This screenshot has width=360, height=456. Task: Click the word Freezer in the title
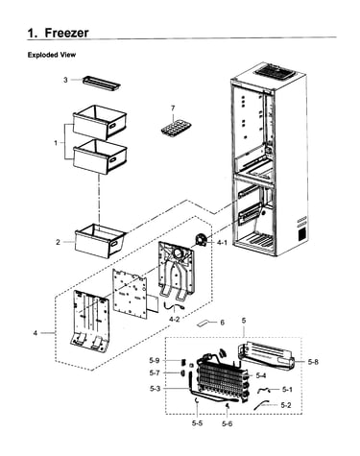click(x=66, y=33)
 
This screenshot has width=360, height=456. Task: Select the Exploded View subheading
click(x=52, y=55)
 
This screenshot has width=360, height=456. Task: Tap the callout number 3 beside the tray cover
click(x=65, y=80)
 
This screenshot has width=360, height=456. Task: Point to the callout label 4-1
click(x=222, y=243)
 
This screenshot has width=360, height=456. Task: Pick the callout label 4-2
click(x=175, y=319)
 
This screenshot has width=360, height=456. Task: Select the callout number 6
click(x=222, y=323)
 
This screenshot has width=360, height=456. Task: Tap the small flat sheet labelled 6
click(x=204, y=324)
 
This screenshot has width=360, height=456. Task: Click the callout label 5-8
click(x=313, y=362)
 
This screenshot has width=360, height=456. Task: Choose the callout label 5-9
click(x=154, y=360)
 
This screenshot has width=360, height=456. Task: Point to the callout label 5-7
click(x=154, y=372)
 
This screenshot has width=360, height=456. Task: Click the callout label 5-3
click(x=155, y=389)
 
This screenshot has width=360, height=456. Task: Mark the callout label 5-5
click(x=197, y=423)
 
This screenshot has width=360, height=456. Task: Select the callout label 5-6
click(x=227, y=423)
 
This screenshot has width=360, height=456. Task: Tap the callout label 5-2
click(x=286, y=405)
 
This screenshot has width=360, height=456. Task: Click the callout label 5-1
click(x=287, y=390)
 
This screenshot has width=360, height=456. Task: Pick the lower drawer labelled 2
click(x=99, y=242)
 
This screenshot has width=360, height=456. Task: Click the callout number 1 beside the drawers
click(x=56, y=143)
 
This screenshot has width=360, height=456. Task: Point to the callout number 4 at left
click(x=36, y=333)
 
